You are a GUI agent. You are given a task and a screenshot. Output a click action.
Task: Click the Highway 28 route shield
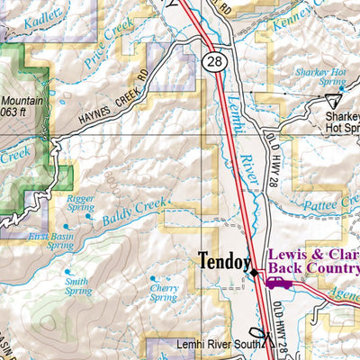click(213, 61)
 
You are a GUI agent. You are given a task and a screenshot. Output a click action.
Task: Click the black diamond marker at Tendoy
click(255, 272)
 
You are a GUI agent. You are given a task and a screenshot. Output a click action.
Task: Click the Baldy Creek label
click(135, 211)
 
